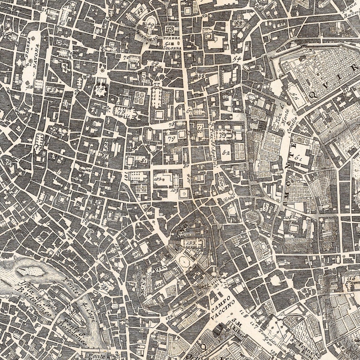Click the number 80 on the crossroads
(186, 166)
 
